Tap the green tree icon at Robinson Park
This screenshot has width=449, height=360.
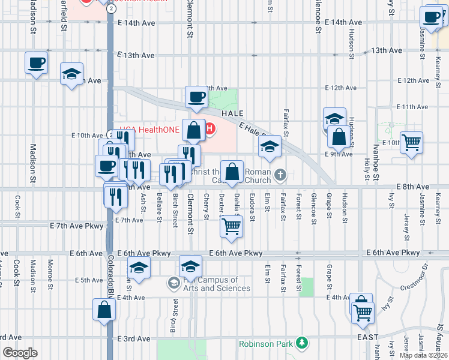point(303,343)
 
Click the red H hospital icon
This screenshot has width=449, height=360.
point(208,128)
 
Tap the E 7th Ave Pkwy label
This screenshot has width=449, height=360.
point(77,225)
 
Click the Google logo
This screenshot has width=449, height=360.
point(20,352)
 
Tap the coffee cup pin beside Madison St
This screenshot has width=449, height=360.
point(36,62)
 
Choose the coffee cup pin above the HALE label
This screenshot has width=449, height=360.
point(196,97)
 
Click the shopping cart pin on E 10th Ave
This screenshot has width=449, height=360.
point(411,143)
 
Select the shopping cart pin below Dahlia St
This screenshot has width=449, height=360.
point(231,226)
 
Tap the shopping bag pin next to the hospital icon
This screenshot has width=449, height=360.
point(194,130)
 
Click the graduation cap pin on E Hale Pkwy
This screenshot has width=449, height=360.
point(270,146)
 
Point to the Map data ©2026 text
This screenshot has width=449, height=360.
point(423,355)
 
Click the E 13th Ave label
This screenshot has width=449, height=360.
point(136,55)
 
